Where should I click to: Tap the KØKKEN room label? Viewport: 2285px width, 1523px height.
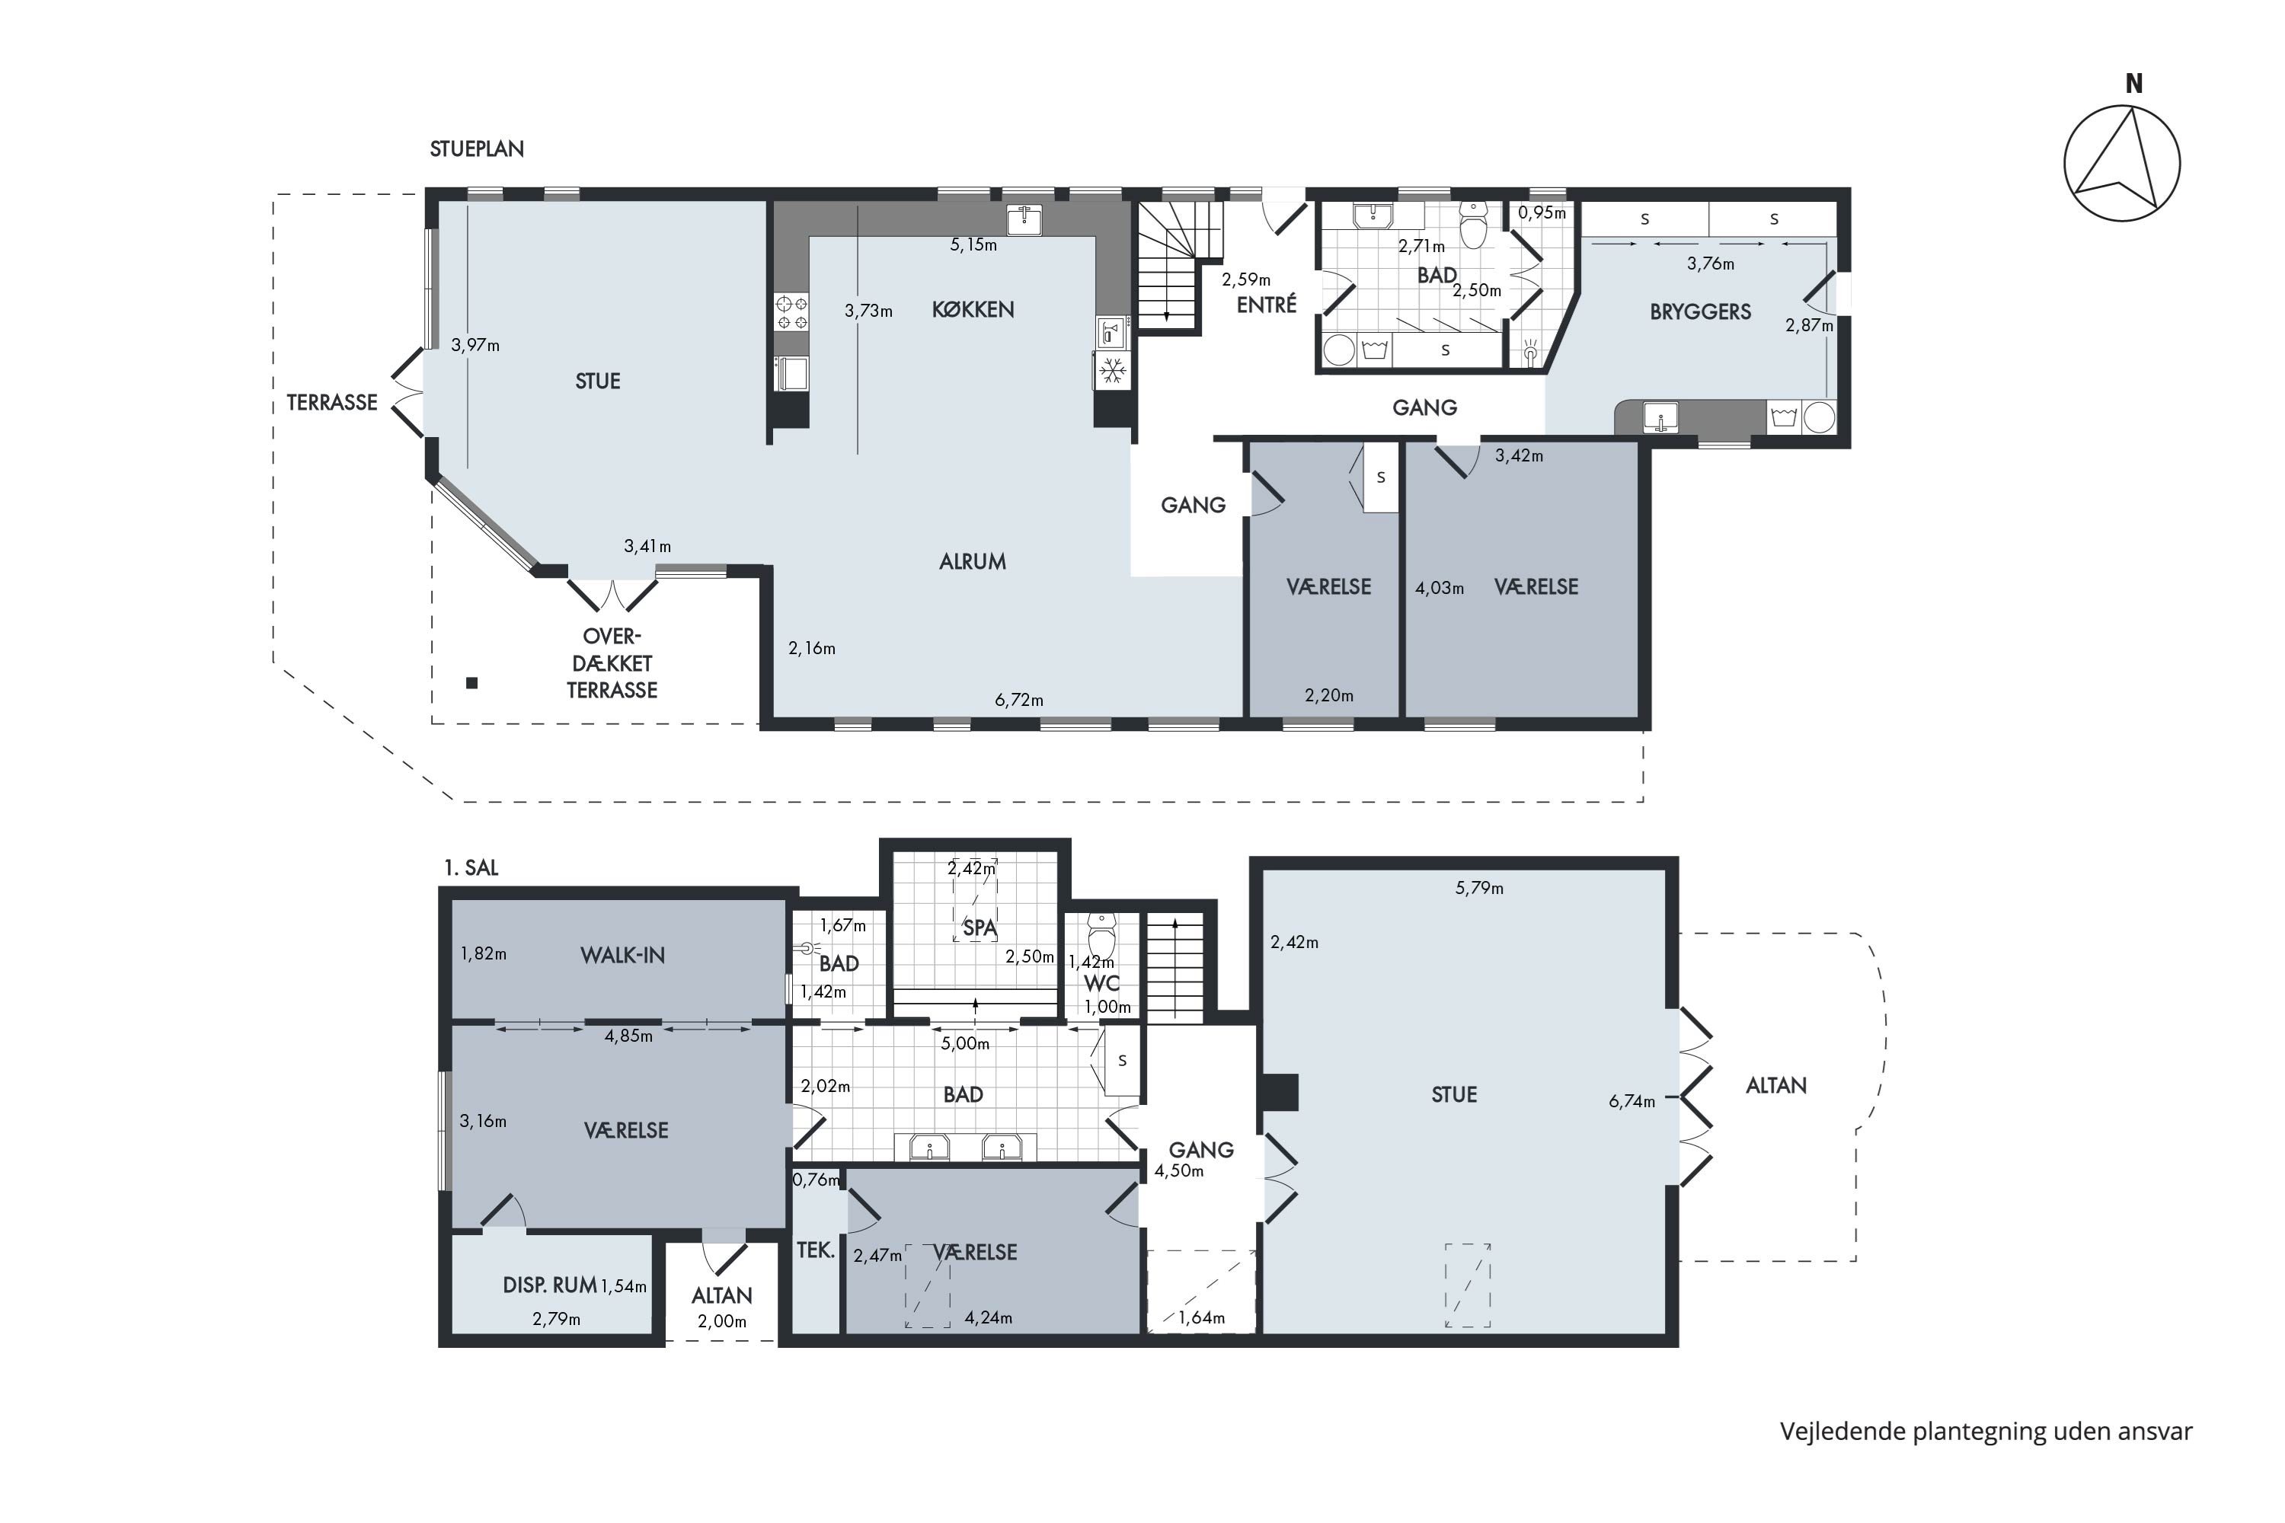pos(973,310)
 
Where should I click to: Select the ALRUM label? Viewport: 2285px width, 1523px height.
pos(973,561)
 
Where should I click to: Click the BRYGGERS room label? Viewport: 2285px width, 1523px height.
pos(1700,311)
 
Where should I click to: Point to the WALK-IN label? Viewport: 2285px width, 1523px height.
pos(623,956)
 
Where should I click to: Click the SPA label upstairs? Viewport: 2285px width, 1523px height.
pos(980,928)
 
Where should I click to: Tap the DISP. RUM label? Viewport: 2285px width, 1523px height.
pos(550,1286)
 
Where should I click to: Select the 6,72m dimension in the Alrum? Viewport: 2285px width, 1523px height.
pos(1019,701)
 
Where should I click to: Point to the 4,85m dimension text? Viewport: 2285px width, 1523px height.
pos(628,1036)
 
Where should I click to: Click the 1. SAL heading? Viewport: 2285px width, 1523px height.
pos(471,868)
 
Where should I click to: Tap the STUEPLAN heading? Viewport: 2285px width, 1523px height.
pos(477,149)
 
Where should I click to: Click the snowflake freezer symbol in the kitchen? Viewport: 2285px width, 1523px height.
pos(1114,370)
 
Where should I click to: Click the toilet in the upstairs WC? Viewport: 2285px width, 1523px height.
pos(1101,934)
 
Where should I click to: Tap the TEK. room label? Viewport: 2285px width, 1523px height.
pos(816,1250)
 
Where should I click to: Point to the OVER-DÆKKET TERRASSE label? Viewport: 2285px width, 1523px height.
pos(612,663)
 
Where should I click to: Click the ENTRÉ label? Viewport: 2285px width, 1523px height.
pos(1267,305)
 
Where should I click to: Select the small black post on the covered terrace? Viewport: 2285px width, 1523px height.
pos(472,683)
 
